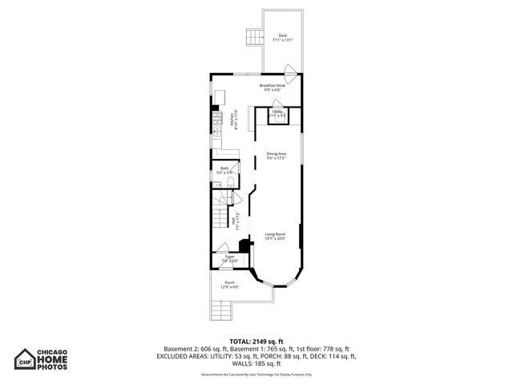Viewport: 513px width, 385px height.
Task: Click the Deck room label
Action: (x=282, y=38)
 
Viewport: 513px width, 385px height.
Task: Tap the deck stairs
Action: (x=255, y=36)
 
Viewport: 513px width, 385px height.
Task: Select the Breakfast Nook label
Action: (x=271, y=87)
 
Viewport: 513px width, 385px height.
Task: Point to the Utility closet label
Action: (x=277, y=114)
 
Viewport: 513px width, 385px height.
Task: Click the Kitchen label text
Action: (x=232, y=121)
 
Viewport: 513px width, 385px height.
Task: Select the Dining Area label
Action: (x=277, y=156)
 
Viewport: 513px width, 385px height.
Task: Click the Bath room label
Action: (x=224, y=170)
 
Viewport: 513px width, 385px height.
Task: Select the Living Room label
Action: (x=276, y=236)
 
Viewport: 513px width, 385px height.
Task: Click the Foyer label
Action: (x=229, y=258)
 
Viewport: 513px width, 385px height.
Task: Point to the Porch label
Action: (x=229, y=285)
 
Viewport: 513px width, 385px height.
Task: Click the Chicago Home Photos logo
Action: (x=53, y=357)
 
